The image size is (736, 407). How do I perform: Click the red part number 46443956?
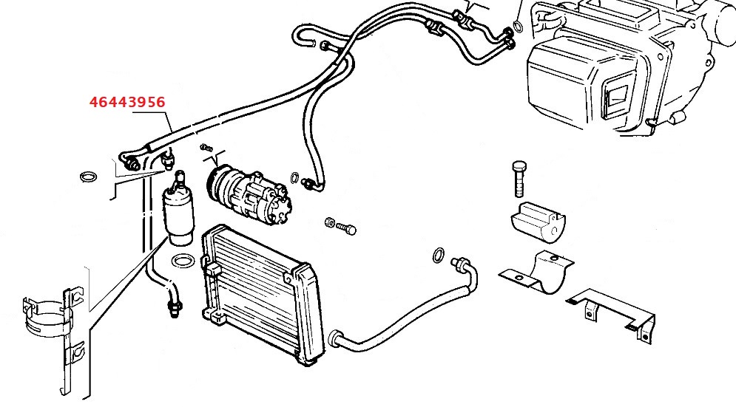coord(126,101)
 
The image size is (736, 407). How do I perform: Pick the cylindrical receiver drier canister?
coord(179,214)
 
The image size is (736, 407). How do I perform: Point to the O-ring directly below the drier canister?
coord(182,261)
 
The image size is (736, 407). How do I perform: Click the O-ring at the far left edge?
coord(88,177)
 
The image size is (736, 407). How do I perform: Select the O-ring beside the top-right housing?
coord(519,27)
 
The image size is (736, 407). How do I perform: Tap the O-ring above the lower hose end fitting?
coord(438,256)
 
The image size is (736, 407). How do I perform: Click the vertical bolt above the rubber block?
coord(517,177)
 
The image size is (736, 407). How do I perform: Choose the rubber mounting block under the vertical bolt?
coord(538,221)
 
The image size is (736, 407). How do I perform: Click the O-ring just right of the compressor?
coord(294,177)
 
